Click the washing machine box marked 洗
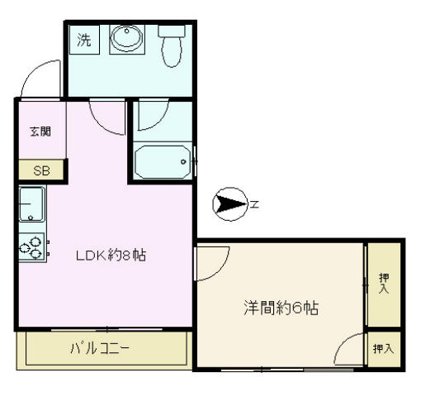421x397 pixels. tap(84, 40)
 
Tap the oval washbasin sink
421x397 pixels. tap(126, 38)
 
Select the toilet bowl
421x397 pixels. tap(172, 51)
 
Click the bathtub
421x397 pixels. tap(163, 162)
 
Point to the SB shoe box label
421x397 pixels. tap(41, 171)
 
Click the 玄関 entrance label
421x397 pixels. tap(40, 132)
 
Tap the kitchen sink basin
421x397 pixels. tap(32, 204)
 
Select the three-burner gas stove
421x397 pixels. tap(32, 246)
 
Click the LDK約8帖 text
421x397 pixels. tap(111, 255)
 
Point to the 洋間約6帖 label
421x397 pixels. tap(281, 308)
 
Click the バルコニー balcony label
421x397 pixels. tap(100, 348)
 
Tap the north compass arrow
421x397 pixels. tap(230, 204)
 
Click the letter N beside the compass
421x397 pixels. tap(255, 204)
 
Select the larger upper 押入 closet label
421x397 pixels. tap(384, 284)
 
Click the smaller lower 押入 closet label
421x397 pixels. tap(383, 349)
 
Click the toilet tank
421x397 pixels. tap(172, 31)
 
